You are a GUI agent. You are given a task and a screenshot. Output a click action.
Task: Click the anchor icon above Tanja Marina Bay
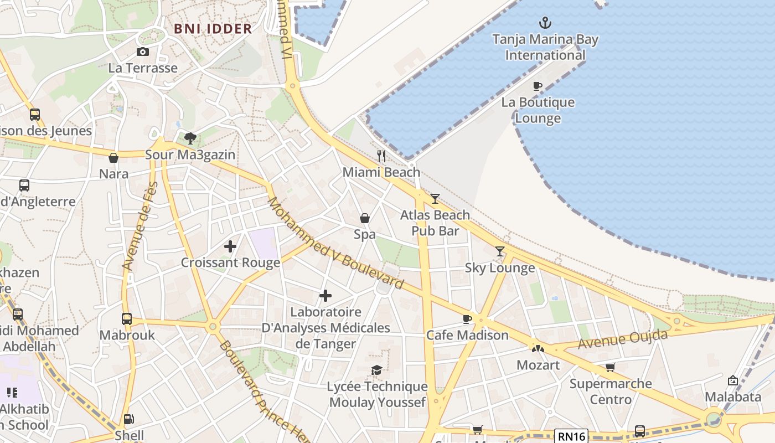point(545,23)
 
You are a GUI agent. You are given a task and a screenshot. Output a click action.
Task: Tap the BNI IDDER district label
point(213,29)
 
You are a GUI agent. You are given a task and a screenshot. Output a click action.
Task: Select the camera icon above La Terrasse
point(143,52)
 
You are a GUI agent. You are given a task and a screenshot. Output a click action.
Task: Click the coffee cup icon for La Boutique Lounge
point(537,86)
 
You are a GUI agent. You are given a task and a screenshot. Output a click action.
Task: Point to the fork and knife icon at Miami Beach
point(381,156)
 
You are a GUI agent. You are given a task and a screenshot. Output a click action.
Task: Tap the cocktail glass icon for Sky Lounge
point(500,251)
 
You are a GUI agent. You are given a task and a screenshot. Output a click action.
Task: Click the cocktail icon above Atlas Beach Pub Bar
point(435,198)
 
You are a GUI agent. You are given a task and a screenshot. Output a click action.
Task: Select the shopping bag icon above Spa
point(365,218)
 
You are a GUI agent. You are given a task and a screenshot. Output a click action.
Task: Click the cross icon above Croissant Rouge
point(230,246)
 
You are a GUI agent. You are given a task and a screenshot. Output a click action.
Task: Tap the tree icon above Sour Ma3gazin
point(190,138)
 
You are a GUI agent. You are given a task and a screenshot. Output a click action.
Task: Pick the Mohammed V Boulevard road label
point(336,243)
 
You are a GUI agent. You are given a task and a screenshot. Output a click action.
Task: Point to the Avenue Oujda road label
point(623,339)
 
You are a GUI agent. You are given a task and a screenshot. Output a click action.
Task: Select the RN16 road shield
point(571,436)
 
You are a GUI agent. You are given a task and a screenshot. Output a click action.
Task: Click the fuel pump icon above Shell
point(128,419)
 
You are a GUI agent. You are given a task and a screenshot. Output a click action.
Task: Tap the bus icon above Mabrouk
point(127,319)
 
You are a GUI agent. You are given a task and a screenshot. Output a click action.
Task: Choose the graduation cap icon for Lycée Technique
point(377,370)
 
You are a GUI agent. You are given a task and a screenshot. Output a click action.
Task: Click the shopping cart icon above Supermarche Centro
point(610,367)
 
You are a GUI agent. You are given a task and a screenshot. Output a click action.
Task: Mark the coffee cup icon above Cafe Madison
point(467,319)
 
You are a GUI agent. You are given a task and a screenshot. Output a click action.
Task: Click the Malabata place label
point(732,397)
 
